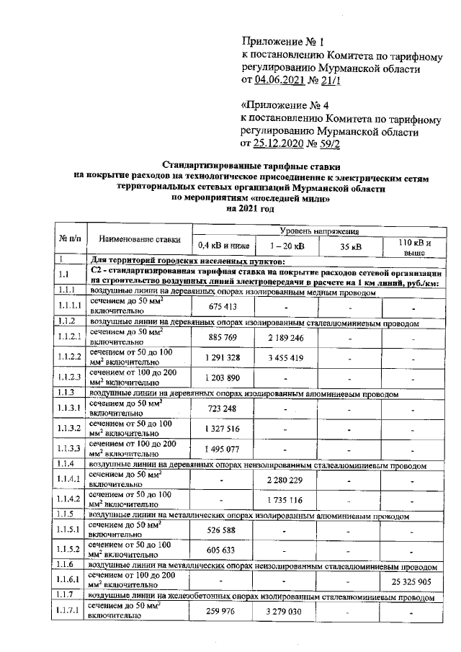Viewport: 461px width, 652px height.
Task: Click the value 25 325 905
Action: point(411,581)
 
